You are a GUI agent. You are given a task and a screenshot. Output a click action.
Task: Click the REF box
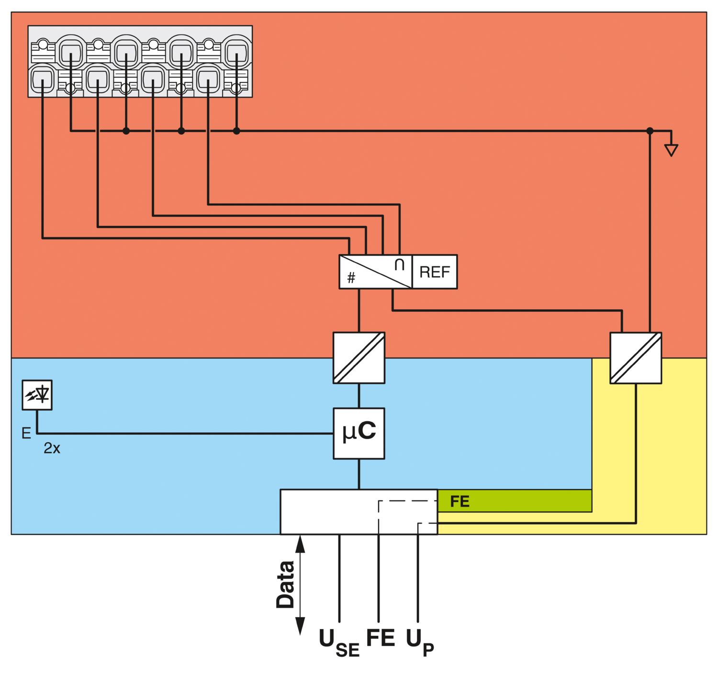pyautogui.click(x=435, y=272)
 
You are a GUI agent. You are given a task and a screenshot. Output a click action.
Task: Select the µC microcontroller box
pyautogui.click(x=359, y=433)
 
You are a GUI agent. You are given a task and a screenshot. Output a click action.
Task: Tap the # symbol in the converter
pyautogui.click(x=351, y=278)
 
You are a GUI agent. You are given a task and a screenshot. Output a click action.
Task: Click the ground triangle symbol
pyautogui.click(x=671, y=150)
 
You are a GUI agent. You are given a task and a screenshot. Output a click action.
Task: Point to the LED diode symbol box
pyautogui.click(x=37, y=395)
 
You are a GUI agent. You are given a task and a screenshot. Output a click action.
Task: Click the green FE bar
pyautogui.click(x=515, y=501)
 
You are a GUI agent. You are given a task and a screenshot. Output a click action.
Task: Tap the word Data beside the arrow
pyautogui.click(x=286, y=584)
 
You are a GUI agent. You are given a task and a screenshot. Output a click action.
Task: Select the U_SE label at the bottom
pyautogui.click(x=339, y=643)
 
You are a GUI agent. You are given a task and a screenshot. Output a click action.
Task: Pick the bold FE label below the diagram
pyautogui.click(x=381, y=638)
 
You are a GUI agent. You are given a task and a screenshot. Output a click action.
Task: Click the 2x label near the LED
pyautogui.click(x=52, y=449)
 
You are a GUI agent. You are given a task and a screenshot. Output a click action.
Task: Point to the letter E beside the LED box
pyautogui.click(x=26, y=433)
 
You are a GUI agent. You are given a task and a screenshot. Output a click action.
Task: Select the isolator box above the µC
pyautogui.click(x=359, y=358)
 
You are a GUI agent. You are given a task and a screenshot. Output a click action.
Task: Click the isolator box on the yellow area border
pyautogui.click(x=636, y=358)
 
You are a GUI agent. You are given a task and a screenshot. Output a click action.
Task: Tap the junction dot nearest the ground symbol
pyautogui.click(x=650, y=131)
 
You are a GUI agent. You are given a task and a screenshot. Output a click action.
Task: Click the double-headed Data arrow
pyautogui.click(x=300, y=585)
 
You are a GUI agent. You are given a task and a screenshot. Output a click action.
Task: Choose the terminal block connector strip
pyautogui.click(x=140, y=62)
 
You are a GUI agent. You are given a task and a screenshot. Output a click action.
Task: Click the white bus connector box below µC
pyautogui.click(x=335, y=512)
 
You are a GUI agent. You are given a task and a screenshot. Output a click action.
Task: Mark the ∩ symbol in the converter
pyautogui.click(x=400, y=265)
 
